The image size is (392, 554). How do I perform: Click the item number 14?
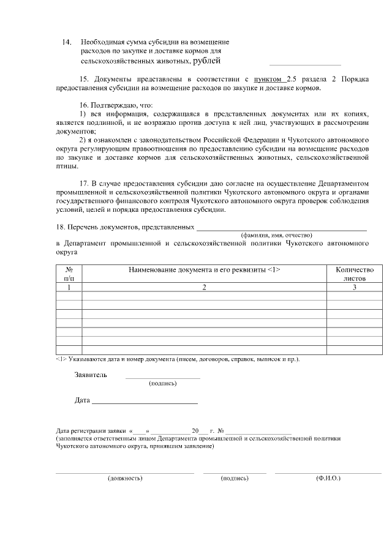click(x=67, y=42)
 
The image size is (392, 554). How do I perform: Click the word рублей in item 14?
click(x=206, y=61)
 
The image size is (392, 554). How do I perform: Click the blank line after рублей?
click(x=304, y=64)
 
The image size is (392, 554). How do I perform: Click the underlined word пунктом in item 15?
click(x=269, y=80)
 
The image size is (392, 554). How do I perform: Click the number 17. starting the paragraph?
click(x=85, y=184)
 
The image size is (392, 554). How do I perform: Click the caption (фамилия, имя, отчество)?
click(x=276, y=235)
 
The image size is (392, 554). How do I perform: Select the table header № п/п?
click(x=69, y=273)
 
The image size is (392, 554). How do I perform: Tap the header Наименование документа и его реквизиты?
click(x=204, y=269)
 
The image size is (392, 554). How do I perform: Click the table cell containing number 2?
click(x=204, y=286)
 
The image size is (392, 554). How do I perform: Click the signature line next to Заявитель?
click(x=163, y=378)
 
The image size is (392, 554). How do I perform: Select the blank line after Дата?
click(x=144, y=403)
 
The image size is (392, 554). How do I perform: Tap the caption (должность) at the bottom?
click(x=125, y=478)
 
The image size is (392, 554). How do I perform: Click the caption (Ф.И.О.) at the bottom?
click(x=328, y=478)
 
